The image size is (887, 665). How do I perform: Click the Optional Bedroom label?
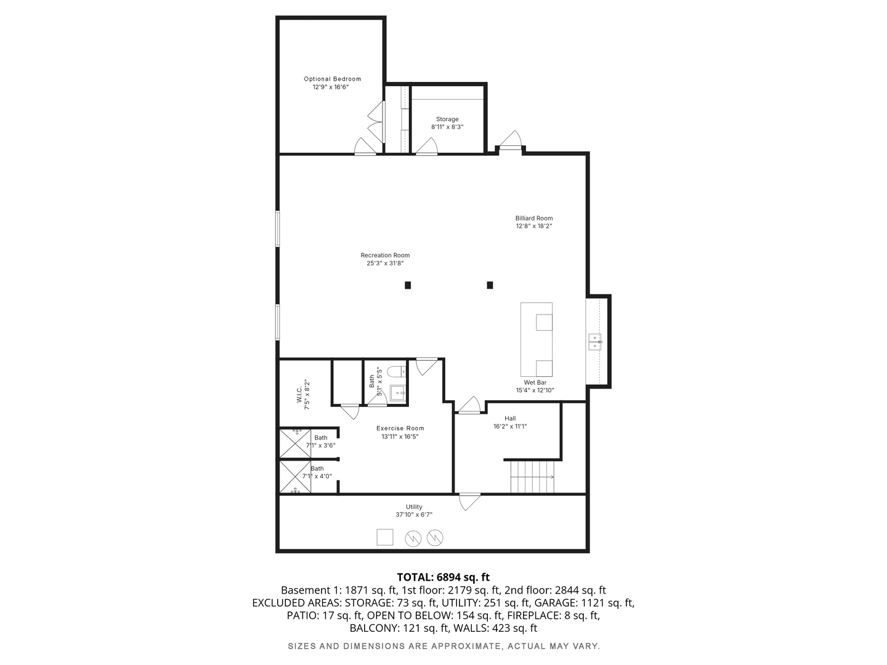click(332, 79)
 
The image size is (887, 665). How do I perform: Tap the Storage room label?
click(447, 119)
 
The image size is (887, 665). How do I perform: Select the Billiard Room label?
click(534, 218)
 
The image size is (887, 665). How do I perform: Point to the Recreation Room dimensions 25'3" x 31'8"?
click(385, 264)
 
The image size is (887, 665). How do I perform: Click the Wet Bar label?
click(535, 382)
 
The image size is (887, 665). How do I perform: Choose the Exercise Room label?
click(400, 429)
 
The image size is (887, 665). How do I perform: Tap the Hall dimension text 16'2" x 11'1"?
click(510, 426)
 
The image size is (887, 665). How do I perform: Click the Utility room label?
click(414, 507)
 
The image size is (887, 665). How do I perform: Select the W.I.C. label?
click(299, 395)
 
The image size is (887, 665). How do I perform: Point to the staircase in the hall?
click(532, 477)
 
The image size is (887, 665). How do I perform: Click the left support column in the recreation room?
click(408, 285)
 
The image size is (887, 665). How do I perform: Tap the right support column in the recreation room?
click(490, 285)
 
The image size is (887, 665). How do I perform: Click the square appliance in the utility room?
click(385, 537)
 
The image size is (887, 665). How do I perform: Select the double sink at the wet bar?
click(595, 342)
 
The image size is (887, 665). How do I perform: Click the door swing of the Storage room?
click(427, 147)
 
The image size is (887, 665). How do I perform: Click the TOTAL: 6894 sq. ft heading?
click(443, 577)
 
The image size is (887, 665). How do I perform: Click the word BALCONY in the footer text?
click(374, 628)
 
